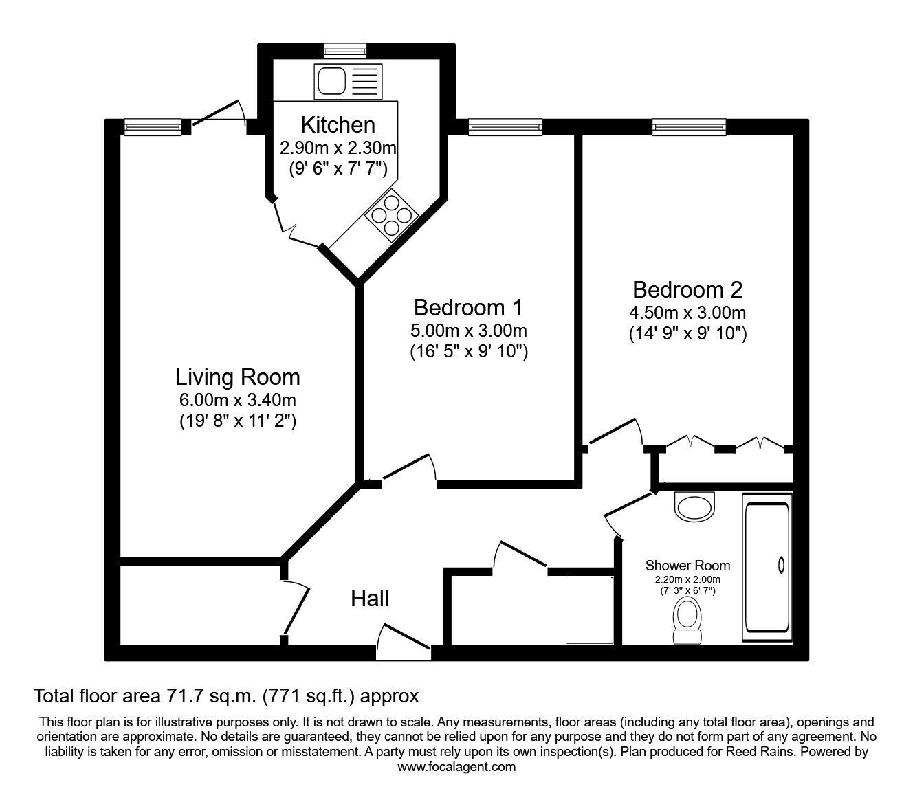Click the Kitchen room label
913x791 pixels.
coord(338,125)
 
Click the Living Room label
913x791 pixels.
coord(237,377)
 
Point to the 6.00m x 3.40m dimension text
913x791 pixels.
coord(237,400)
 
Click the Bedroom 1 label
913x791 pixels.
coord(468,307)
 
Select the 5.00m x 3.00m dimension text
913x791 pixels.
coord(468,330)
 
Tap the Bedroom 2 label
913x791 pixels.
coord(687,289)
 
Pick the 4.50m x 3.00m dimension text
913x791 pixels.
coord(687,313)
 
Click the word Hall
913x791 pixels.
coord(370,599)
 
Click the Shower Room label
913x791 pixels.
coord(687,566)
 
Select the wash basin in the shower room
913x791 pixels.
coord(695,506)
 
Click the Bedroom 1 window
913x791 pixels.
coord(504,125)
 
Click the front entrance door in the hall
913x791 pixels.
coord(404,638)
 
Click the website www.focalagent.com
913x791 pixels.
coord(456,767)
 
